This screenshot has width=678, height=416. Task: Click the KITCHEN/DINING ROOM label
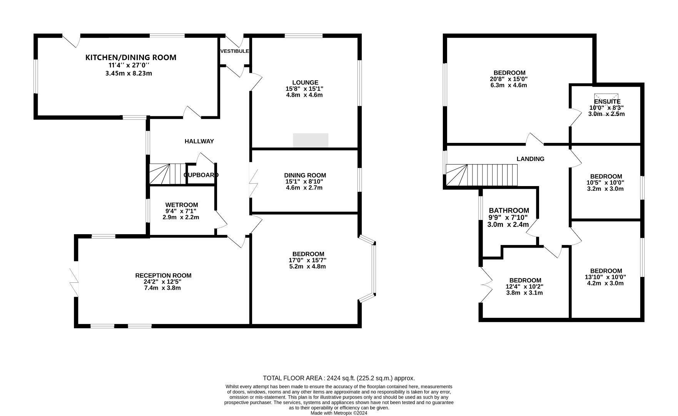tap(130, 57)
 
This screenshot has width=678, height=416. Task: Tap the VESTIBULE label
tap(235, 51)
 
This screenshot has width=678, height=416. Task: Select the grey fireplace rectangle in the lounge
tap(311, 140)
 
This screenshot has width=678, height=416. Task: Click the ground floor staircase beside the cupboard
tap(168, 174)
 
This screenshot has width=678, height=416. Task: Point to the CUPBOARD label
tap(201, 175)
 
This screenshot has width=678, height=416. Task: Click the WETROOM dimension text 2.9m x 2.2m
tap(181, 217)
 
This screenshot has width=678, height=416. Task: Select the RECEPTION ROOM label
tap(163, 275)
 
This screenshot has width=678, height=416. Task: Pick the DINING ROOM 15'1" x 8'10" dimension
tap(305, 181)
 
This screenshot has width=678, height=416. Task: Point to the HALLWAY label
tap(199, 141)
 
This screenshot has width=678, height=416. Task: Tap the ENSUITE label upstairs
tap(607, 102)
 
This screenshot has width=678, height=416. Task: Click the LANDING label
tap(530, 159)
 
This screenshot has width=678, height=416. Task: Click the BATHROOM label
tap(509, 211)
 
